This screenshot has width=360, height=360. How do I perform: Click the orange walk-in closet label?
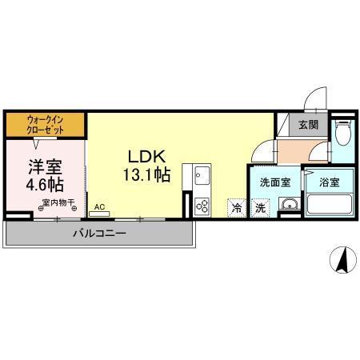46,124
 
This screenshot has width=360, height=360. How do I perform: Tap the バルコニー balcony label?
100,234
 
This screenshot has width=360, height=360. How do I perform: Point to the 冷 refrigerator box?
237,206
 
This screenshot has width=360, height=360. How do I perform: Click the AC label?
100,206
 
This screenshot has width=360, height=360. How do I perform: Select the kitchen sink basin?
200,174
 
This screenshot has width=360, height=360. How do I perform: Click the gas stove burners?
200,205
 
